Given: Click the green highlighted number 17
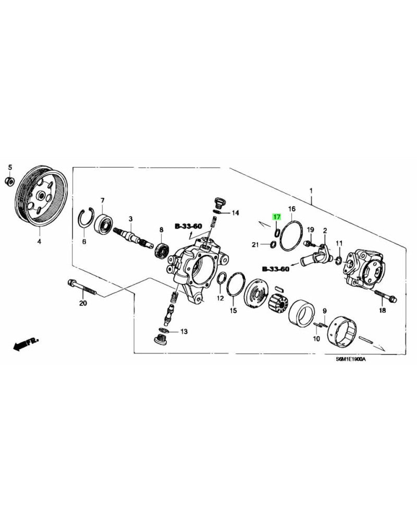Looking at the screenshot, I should click(x=277, y=217).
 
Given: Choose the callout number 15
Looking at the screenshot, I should click(x=234, y=311).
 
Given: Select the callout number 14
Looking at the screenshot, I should click(x=236, y=212).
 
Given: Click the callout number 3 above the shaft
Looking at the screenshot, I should click(x=131, y=219).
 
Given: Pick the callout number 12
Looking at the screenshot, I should click(x=220, y=298).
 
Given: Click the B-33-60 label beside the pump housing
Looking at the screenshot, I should click(x=188, y=227).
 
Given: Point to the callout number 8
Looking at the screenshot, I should click(x=161, y=230).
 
